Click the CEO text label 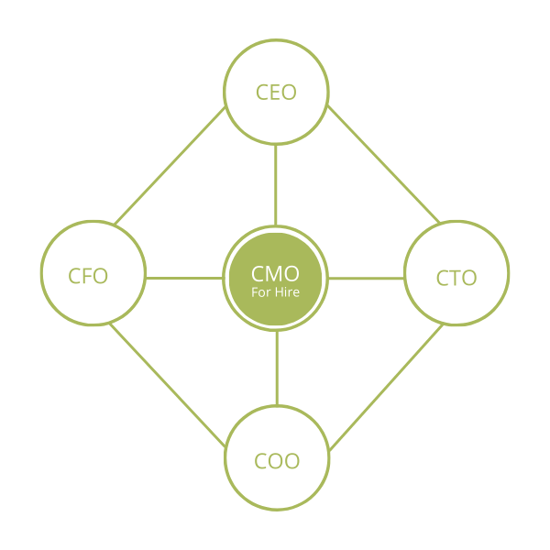[x=276, y=93]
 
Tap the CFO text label [x=88, y=276]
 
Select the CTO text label [x=456, y=278]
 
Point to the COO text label [x=277, y=460]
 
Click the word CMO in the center [x=275, y=272]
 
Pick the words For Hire [x=276, y=292]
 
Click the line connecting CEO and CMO [x=276, y=183]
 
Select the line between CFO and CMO [x=183, y=278]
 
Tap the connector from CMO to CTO [x=367, y=278]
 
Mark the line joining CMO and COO [x=276, y=367]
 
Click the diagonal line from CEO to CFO [x=170, y=166]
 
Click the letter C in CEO [x=262, y=93]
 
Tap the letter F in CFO [x=88, y=276]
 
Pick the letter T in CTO [x=456, y=278]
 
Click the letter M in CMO [x=275, y=272]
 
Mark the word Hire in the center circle [x=286, y=292]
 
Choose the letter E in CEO [x=276, y=93]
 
